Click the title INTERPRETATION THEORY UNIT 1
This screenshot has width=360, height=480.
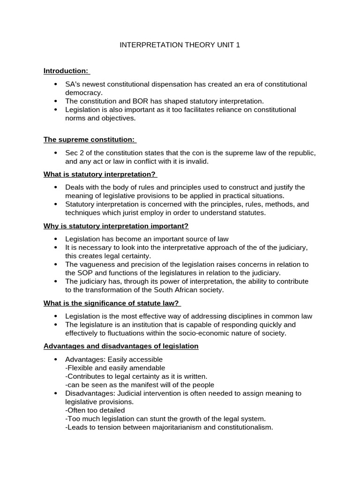[180, 45]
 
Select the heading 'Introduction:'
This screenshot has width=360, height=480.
[66, 71]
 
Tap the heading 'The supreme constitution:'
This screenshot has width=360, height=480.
[89, 140]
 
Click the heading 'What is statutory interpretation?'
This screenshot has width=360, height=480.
[99, 174]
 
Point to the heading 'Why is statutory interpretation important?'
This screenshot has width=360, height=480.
[116, 226]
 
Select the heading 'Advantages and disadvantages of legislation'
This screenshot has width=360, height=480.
[121, 346]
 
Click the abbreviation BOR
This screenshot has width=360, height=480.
[133, 101]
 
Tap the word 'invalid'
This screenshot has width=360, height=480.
[196, 161]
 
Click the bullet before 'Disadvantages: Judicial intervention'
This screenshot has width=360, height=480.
[56, 393]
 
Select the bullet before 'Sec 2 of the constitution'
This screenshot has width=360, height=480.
[56, 153]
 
